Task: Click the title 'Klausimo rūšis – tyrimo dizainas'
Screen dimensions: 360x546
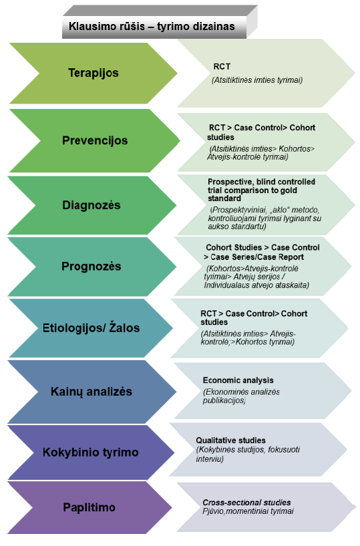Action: pos(152,27)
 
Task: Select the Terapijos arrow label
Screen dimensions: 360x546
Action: pos(94,73)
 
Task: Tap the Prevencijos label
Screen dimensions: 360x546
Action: pos(95,141)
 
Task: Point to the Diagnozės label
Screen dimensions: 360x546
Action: pos(92,205)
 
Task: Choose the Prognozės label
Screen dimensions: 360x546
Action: pos(92,267)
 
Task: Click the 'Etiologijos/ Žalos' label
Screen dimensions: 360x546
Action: pos(92,328)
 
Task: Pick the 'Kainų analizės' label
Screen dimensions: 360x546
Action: pos(92,392)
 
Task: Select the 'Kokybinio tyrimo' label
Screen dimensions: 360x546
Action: pos(91,452)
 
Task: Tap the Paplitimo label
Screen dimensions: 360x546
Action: pos(89,507)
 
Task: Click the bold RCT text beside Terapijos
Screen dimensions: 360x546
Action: pos(222,67)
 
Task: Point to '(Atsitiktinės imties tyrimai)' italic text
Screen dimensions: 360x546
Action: pos(257,80)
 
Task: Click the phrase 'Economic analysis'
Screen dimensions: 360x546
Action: pos(238,380)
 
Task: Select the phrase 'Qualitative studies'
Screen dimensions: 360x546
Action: pos(230,440)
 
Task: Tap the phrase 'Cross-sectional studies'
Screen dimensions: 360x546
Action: pos(246,503)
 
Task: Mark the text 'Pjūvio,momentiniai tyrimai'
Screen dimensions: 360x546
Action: pos(248,511)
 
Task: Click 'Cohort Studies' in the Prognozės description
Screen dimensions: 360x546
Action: pos(234,247)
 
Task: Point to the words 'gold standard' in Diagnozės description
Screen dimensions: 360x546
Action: pos(252,194)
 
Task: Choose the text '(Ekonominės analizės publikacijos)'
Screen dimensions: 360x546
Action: pos(241,396)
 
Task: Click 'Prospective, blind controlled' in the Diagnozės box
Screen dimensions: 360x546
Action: pos(261,182)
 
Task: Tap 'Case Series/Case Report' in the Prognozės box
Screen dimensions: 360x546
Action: pos(257,257)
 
